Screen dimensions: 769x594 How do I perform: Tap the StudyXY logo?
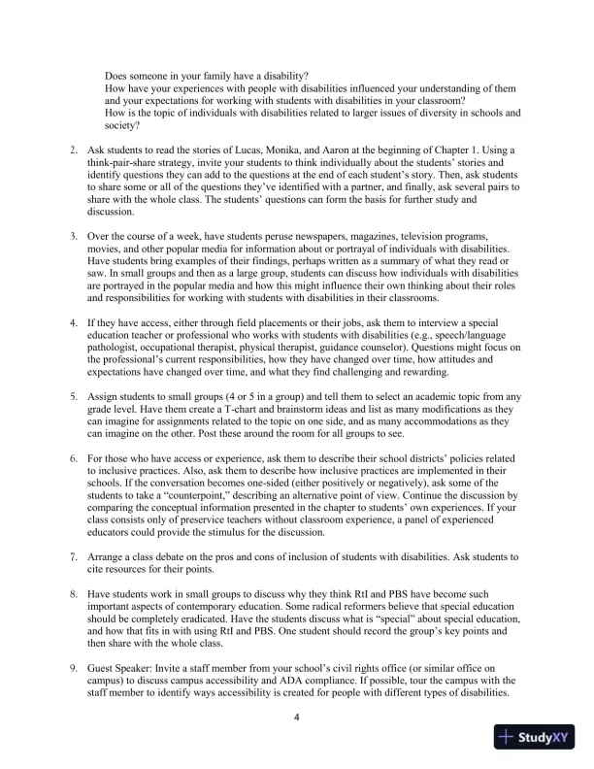point(533,737)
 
